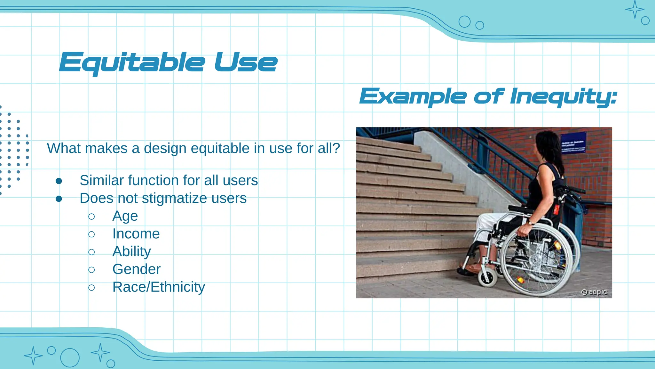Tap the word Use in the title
pyautogui.click(x=246, y=63)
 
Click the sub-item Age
pyautogui.click(x=125, y=216)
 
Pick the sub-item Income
pyautogui.click(x=136, y=234)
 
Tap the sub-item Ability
pyautogui.click(x=131, y=252)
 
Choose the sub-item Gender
pyautogui.click(x=136, y=269)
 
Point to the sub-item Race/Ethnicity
pyautogui.click(x=159, y=287)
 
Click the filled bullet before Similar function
pyautogui.click(x=59, y=181)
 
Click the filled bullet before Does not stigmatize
pyautogui.click(x=59, y=199)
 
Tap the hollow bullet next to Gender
pyautogui.click(x=91, y=270)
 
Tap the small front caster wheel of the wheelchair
pyautogui.click(x=487, y=276)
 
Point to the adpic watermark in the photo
pyautogui.click(x=594, y=292)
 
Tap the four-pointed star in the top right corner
pyautogui.click(x=635, y=10)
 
